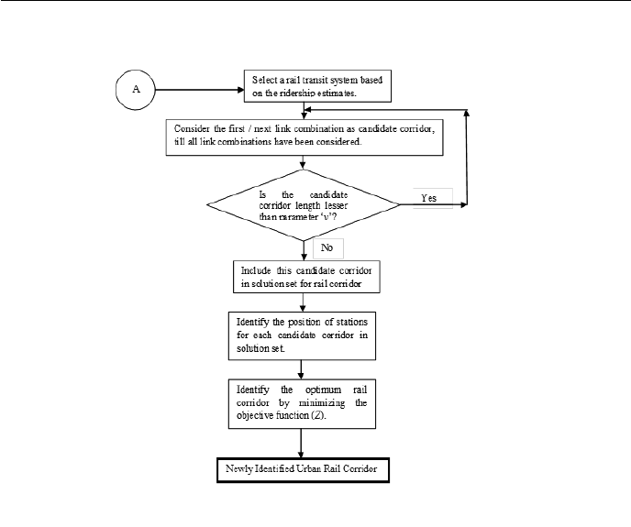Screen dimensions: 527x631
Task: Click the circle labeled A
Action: pyautogui.click(x=135, y=91)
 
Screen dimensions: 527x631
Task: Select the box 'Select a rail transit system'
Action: pyautogui.click(x=316, y=86)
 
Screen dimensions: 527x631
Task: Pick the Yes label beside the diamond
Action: pyautogui.click(x=428, y=198)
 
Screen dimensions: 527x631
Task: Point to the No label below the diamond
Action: pyautogui.click(x=327, y=248)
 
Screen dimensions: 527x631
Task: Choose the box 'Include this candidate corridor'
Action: pyautogui.click(x=303, y=277)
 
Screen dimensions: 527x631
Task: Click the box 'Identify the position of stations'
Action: pyautogui.click(x=302, y=335)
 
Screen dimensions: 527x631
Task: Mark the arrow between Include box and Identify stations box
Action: pyautogui.click(x=302, y=302)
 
